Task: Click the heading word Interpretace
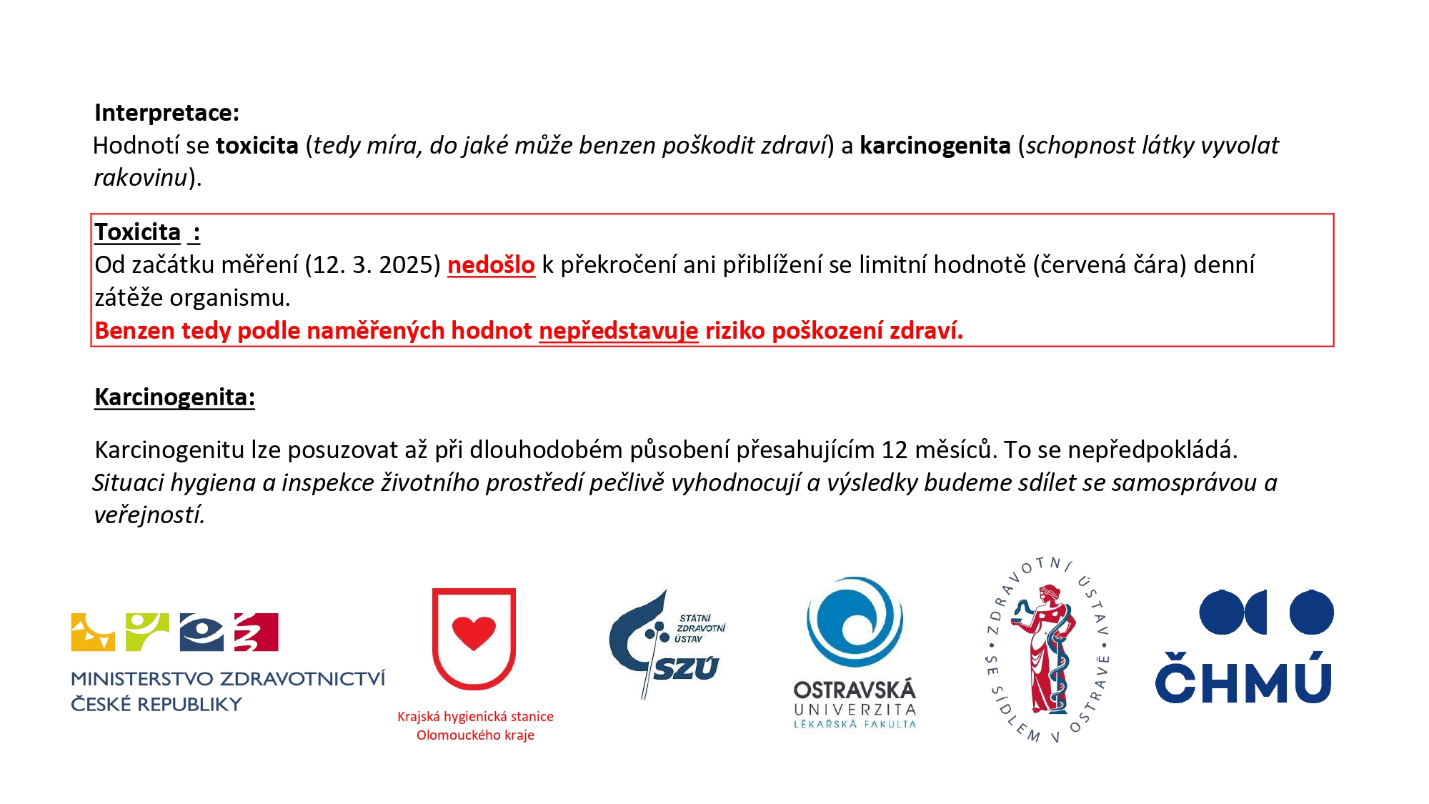pyautogui.click(x=166, y=113)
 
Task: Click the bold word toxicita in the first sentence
pyautogui.click(x=257, y=146)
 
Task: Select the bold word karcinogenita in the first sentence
pyautogui.click(x=935, y=146)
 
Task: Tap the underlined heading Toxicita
pyautogui.click(x=138, y=232)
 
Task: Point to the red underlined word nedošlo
pyautogui.click(x=491, y=265)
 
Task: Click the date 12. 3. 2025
pyautogui.click(x=373, y=265)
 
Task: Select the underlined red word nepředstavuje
pyautogui.click(x=618, y=331)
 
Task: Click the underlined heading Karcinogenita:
pyautogui.click(x=174, y=397)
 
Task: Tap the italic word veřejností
pyautogui.click(x=149, y=515)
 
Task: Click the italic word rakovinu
pyautogui.click(x=141, y=178)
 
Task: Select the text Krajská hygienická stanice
pyautogui.click(x=475, y=716)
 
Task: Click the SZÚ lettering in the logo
pyautogui.click(x=685, y=669)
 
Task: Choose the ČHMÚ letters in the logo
pyautogui.click(x=1243, y=680)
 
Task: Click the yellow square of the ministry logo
pyautogui.click(x=92, y=632)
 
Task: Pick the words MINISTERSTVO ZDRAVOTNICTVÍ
pyautogui.click(x=228, y=678)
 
